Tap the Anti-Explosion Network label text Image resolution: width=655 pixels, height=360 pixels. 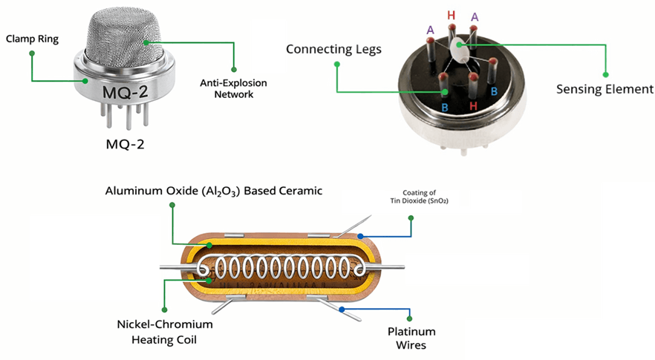234,88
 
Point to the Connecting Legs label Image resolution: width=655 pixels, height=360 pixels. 333,49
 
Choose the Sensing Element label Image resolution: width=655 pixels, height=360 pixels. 605,88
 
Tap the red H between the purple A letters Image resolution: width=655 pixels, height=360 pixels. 451,15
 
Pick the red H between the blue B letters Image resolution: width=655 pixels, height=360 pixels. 473,107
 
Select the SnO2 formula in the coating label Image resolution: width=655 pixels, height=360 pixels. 436,201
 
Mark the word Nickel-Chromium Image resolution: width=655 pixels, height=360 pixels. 164,324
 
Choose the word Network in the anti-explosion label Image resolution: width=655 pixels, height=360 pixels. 234,94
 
